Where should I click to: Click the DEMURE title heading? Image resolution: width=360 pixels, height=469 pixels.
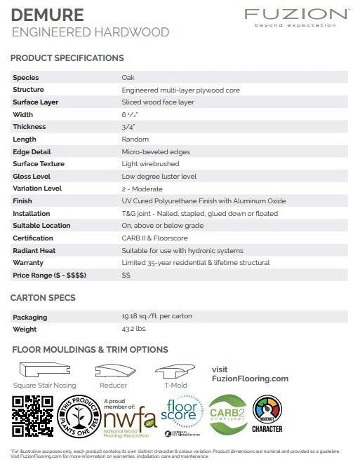tap(48, 15)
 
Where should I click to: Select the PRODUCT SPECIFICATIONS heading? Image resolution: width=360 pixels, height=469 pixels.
tap(67, 58)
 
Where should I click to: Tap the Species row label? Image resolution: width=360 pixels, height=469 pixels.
tap(26, 78)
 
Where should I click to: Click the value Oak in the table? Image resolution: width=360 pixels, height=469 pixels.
tap(128, 78)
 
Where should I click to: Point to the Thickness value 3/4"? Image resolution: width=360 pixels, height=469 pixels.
tap(128, 127)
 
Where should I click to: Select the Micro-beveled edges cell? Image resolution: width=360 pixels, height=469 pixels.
tap(155, 151)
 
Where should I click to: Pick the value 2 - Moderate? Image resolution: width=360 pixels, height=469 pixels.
tap(143, 189)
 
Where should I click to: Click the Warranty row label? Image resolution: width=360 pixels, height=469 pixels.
tap(29, 263)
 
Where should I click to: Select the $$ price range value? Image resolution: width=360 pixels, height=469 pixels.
tap(126, 276)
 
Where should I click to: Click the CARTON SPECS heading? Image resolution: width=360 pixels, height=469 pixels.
tap(43, 298)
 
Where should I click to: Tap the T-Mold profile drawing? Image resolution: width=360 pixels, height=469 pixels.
tap(175, 372)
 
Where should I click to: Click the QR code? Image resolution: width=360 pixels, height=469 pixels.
tap(33, 416)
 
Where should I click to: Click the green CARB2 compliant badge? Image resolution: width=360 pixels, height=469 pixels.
tap(228, 414)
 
